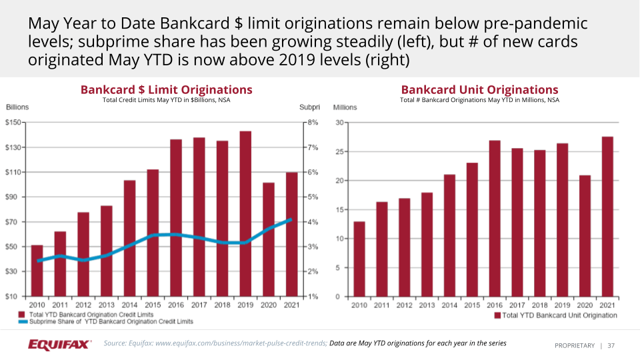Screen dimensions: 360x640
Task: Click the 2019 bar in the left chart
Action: [245, 213]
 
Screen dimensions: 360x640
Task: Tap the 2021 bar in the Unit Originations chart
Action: [607, 217]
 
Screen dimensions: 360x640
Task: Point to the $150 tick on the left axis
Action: [14, 123]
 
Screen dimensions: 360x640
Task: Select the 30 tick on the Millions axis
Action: [339, 123]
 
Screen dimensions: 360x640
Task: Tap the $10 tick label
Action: [14, 296]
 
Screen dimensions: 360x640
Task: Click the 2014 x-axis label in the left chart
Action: [129, 305]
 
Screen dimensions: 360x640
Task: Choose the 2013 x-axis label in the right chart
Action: [427, 305]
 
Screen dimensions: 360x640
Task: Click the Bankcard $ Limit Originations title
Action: [166, 90]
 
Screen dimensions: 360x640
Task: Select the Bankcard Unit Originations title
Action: [479, 90]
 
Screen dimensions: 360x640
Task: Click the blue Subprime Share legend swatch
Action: [22, 321]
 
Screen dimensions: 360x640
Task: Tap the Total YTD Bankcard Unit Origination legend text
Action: [559, 315]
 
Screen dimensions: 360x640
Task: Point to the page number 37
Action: [611, 345]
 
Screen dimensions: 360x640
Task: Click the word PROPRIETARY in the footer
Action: [574, 345]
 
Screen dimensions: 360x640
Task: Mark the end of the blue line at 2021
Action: [290, 219]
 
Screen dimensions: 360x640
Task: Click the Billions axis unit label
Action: [17, 107]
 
